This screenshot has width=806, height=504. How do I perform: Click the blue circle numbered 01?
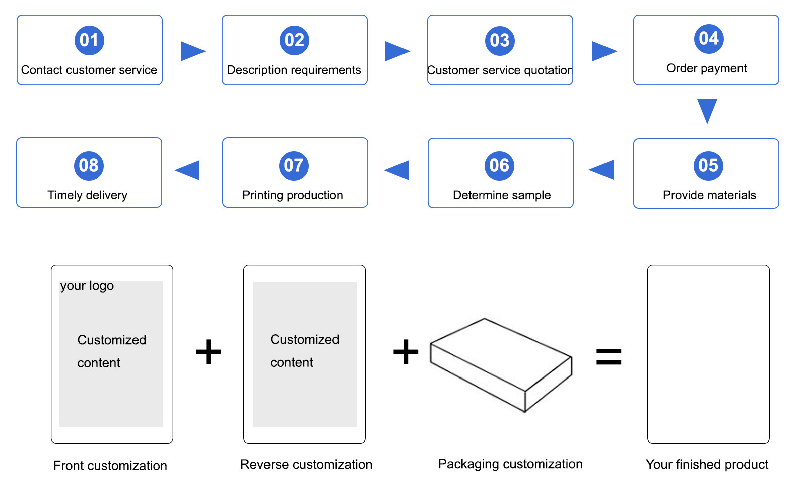coord(89,40)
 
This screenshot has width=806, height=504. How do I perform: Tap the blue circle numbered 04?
coord(708,39)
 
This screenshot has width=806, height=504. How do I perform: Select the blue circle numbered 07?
coord(294,166)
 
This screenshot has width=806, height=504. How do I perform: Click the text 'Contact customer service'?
coord(89,70)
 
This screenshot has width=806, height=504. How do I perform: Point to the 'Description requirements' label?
coord(294,70)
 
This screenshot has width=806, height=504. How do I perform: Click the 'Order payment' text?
coord(706,68)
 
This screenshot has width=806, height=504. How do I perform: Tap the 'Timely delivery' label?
coord(88,195)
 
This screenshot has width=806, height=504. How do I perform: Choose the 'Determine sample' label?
coord(502,195)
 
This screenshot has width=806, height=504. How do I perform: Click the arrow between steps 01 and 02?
coord(192,51)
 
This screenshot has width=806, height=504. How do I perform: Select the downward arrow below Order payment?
coord(707,111)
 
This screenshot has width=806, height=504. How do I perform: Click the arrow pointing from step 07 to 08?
coord(188,170)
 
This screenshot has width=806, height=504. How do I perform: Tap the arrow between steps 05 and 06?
coord(602,170)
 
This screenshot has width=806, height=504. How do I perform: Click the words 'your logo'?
coord(87,286)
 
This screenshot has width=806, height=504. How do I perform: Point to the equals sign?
coord(609,356)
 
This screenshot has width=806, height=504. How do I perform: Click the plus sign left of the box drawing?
coord(406,352)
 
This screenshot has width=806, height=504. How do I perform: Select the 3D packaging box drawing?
coord(501,364)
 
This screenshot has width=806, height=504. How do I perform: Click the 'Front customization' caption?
coord(110,466)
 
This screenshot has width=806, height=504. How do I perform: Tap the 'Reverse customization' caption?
coord(306,465)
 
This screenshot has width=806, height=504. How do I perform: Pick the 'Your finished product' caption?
coord(707,465)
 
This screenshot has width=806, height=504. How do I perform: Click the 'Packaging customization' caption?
coord(510,464)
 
